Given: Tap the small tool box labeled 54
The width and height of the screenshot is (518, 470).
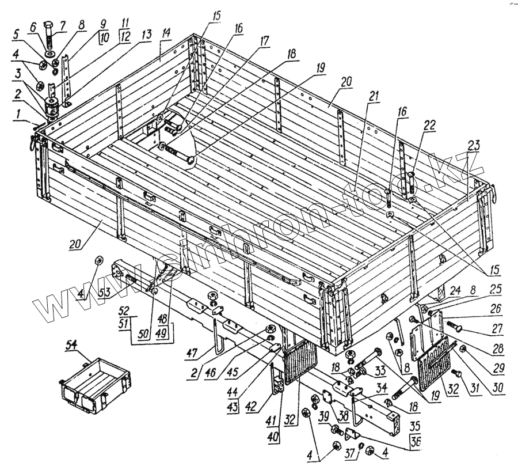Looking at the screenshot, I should [95, 382].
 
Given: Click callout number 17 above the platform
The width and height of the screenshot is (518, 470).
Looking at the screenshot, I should [264, 41].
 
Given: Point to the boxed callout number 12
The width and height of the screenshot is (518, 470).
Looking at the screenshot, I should [124, 38].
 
